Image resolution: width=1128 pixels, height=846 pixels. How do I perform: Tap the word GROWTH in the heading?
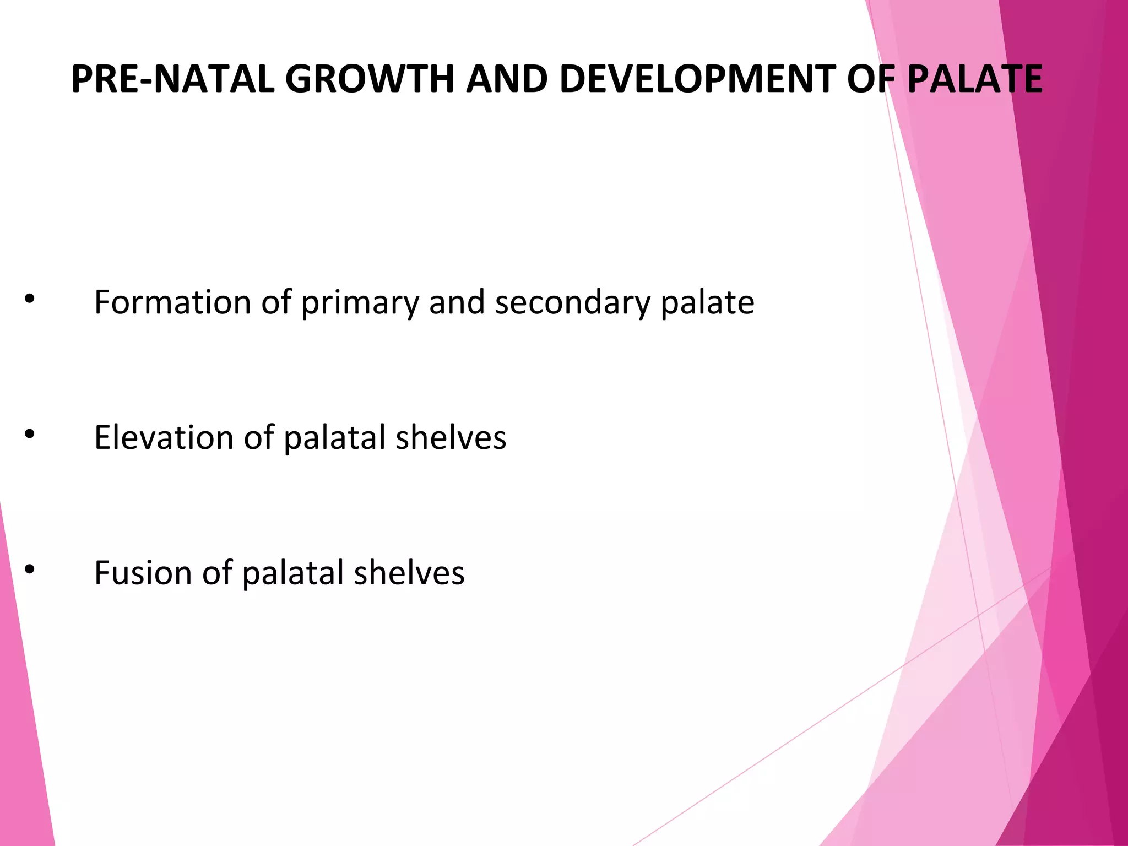pyautogui.click(x=370, y=79)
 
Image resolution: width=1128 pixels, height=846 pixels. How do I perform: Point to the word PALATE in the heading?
pyautogui.click(x=974, y=79)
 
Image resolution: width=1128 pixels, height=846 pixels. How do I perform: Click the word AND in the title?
pyautogui.click(x=507, y=79)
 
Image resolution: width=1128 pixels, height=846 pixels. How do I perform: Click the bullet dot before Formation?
pyautogui.click(x=30, y=299)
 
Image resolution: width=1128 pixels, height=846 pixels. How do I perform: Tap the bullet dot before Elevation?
pyautogui.click(x=30, y=434)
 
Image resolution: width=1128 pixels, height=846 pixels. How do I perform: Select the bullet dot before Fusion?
pyautogui.click(x=30, y=570)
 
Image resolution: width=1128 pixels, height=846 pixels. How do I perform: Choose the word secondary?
pyautogui.click(x=572, y=303)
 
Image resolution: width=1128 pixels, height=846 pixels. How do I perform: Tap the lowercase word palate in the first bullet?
pyautogui.click(x=707, y=303)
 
